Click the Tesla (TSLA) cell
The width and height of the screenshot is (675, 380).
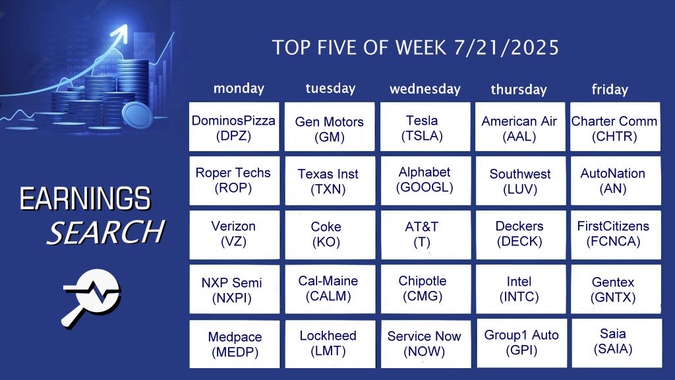(425, 127)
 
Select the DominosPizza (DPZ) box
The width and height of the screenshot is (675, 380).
(234, 127)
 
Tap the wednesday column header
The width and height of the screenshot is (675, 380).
(425, 89)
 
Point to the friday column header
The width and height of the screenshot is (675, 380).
(610, 89)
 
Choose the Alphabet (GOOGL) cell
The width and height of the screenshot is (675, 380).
(425, 181)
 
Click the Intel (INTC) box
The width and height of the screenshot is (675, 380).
(521, 289)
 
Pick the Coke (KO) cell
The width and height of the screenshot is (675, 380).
(330, 235)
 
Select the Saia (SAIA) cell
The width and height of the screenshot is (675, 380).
(616, 343)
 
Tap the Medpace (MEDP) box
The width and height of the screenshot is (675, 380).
(234, 344)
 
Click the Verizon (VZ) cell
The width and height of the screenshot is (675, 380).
(234, 235)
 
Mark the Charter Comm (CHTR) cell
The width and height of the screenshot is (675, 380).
(615, 127)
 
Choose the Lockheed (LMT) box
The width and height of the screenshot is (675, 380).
(330, 344)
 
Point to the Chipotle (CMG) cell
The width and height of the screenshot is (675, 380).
(426, 289)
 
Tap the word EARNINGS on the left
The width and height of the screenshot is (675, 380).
(85, 199)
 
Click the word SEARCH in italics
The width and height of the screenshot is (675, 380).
(106, 232)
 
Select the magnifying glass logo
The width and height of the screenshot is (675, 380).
(91, 298)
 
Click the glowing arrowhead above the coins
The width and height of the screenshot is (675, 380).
(121, 33)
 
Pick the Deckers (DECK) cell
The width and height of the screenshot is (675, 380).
(521, 235)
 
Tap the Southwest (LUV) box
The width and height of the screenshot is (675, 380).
(521, 181)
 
